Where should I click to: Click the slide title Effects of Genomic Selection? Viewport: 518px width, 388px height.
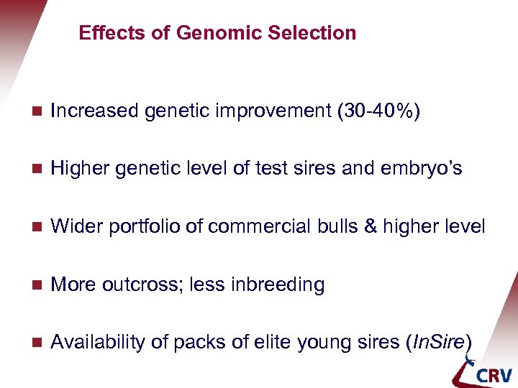point(217,33)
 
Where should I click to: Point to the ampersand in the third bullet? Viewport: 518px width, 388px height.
point(371,226)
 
